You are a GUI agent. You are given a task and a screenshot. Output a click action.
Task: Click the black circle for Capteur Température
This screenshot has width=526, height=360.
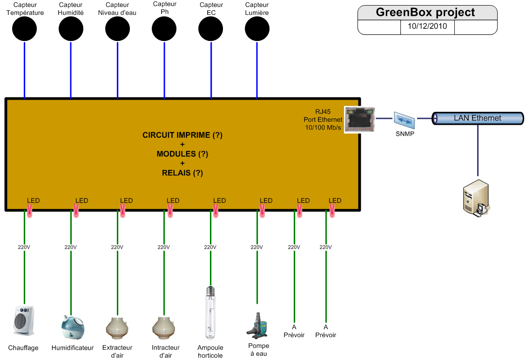[x=25, y=29]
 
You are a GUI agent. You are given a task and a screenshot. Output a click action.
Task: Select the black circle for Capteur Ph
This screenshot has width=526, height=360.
[x=164, y=29]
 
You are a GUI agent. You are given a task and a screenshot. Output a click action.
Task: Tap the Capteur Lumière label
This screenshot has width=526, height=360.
[x=257, y=9]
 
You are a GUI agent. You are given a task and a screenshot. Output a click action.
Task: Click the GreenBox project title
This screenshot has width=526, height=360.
[x=425, y=13]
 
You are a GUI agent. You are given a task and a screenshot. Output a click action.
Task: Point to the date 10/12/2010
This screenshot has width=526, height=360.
[x=427, y=26]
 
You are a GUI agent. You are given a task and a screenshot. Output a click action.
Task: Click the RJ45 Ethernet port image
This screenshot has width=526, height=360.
[x=360, y=119]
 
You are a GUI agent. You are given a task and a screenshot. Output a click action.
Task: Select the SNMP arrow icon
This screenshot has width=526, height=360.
[x=405, y=120]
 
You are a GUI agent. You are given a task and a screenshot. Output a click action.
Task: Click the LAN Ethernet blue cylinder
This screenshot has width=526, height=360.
[x=478, y=118]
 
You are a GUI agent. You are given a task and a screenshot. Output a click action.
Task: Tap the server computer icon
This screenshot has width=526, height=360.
[x=476, y=198]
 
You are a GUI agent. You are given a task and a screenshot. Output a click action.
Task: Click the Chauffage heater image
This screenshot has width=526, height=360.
[x=23, y=320]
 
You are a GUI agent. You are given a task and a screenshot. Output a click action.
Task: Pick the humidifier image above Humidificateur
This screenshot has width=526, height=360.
[x=73, y=327]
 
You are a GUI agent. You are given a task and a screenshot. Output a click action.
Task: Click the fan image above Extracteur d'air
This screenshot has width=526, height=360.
[x=117, y=328]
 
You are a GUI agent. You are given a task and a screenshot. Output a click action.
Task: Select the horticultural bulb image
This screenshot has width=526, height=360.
[x=210, y=312]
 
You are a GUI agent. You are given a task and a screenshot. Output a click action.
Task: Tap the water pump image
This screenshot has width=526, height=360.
[x=257, y=325]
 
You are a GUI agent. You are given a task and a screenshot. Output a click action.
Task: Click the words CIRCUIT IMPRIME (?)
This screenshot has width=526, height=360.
[x=182, y=135]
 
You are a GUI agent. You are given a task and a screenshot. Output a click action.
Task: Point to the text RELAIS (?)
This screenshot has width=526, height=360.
[x=182, y=173]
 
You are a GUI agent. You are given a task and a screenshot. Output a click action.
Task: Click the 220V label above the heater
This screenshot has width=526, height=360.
[x=24, y=247]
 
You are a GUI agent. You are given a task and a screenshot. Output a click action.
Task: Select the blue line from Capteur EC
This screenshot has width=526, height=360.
[x=211, y=70]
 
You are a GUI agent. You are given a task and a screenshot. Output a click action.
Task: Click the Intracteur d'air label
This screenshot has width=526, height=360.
[x=166, y=351]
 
